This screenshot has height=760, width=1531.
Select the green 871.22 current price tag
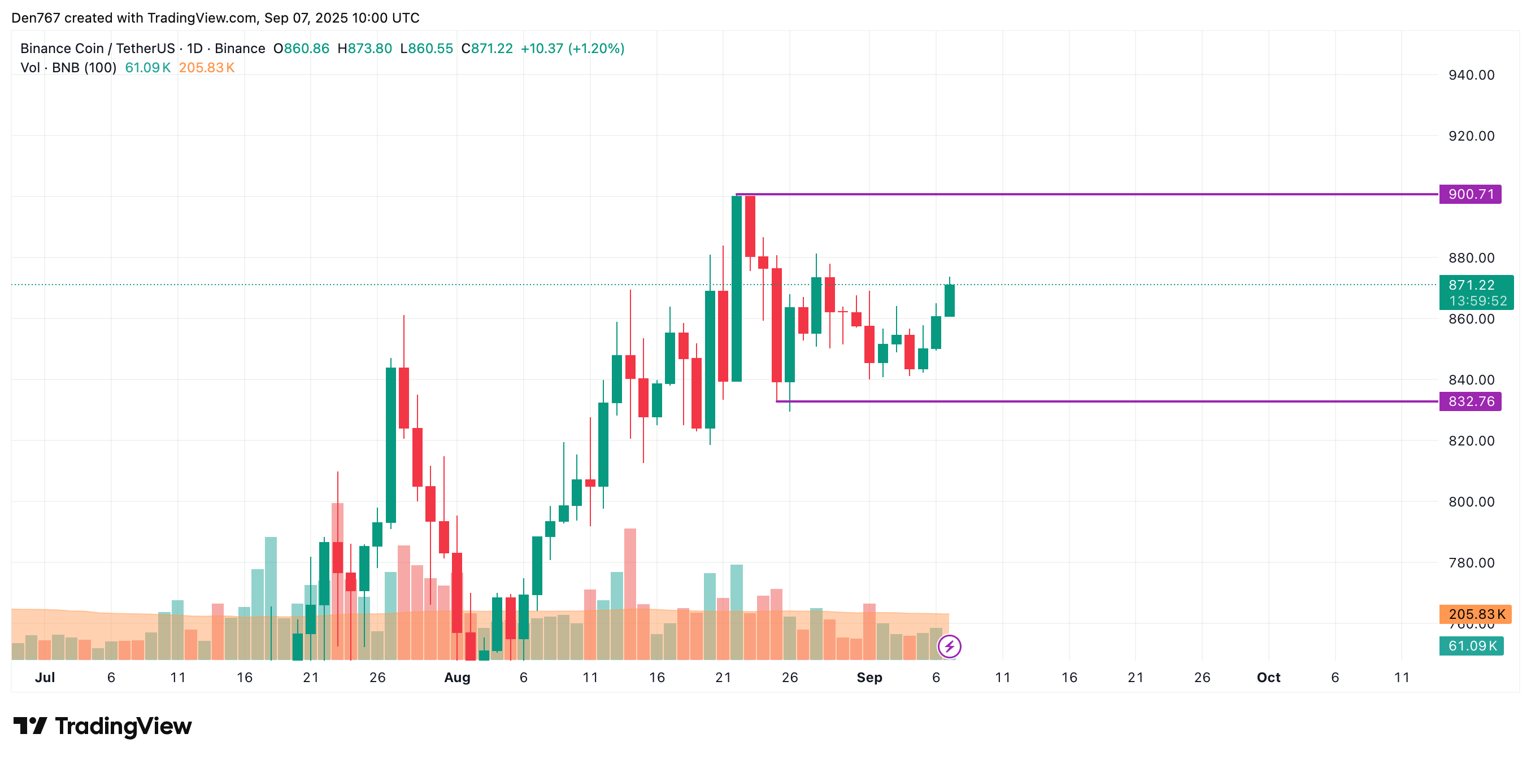1471,285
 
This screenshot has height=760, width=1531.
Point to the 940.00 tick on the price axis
1471,75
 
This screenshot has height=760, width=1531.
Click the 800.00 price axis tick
1471,501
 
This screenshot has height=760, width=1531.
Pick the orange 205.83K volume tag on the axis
1476,614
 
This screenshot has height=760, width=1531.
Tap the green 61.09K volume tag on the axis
1471,646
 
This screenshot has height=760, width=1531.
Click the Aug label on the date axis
457,678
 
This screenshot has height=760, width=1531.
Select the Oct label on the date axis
1268,678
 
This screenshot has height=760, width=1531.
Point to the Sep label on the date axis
869,678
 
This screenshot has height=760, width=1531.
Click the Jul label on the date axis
45,678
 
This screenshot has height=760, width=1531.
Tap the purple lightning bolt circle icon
949,646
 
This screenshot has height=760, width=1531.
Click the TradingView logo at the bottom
103,726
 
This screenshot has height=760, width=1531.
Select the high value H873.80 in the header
364,49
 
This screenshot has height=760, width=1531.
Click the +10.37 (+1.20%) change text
572,49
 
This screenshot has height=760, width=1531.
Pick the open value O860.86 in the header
301,49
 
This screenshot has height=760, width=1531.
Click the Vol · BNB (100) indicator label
68,68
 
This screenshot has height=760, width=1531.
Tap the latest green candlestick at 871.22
949,301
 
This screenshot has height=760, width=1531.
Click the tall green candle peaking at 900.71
736,288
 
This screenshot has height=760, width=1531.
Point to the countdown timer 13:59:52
1477,302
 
